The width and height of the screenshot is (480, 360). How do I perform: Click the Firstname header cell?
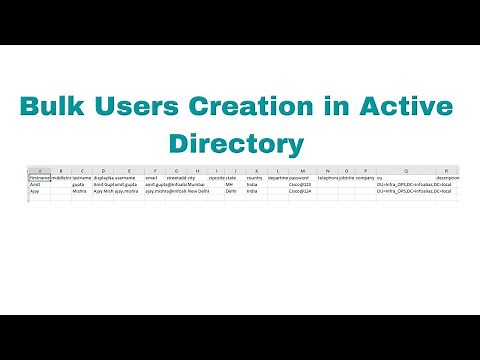[39, 178]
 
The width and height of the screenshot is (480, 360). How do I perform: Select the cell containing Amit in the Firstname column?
[35, 185]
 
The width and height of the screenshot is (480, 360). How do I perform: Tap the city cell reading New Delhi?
[198, 192]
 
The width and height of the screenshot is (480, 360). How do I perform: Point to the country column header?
[254, 178]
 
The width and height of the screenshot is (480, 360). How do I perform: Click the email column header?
[151, 178]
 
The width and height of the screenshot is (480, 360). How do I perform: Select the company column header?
[364, 178]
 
